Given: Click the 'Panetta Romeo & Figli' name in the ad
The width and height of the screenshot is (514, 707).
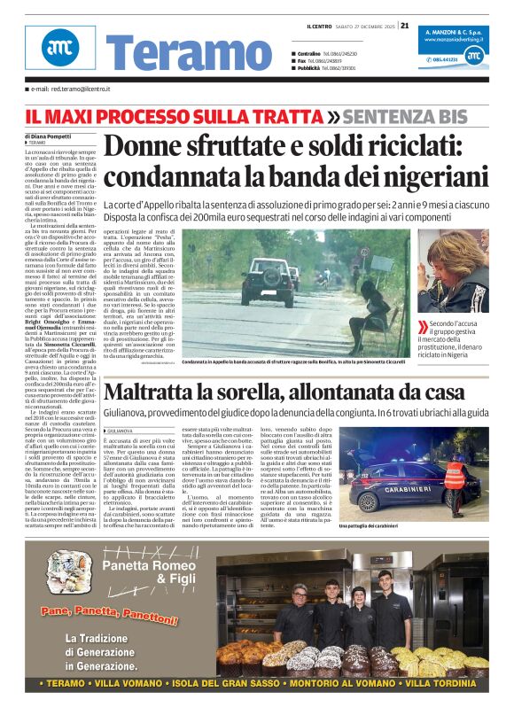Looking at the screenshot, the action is pos(147,572).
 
